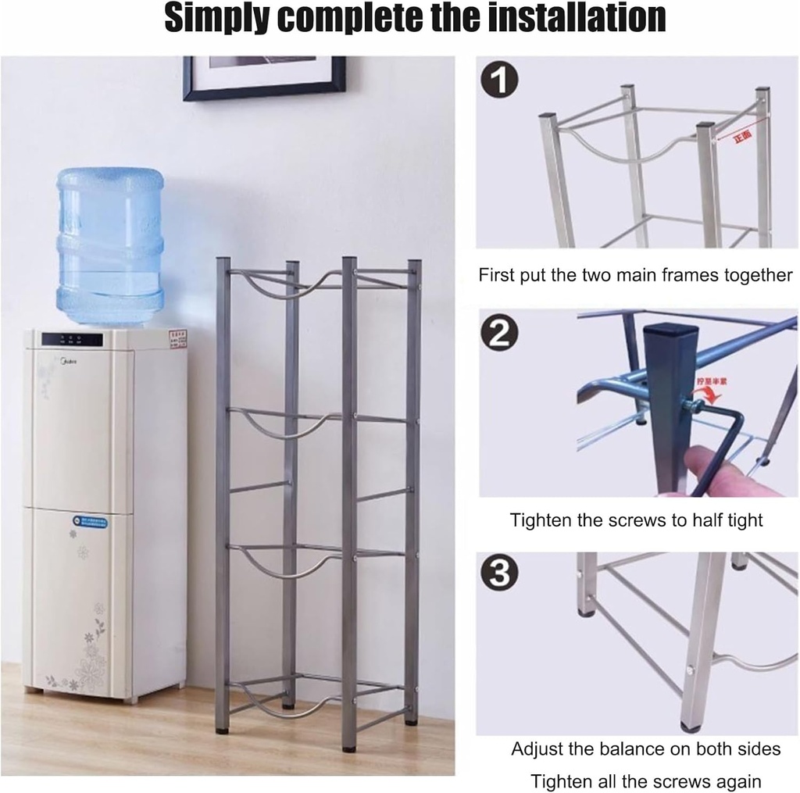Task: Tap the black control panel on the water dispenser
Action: tap(72, 340)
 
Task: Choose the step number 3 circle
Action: tap(499, 574)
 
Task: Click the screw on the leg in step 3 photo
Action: tap(691, 670)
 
